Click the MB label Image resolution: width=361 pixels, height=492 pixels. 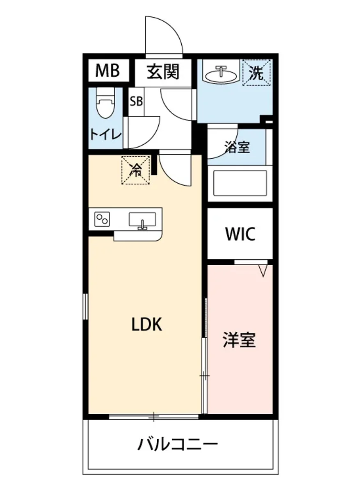point(107,71)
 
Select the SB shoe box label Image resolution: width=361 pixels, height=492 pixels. point(136,101)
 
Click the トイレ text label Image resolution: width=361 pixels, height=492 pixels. point(106,134)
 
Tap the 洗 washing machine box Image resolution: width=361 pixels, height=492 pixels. point(257,73)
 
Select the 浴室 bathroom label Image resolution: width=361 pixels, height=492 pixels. point(237,147)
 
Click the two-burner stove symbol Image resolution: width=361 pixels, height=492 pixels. point(102,219)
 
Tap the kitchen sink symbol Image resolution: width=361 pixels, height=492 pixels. point(142,220)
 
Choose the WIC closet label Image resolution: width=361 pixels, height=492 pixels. point(240,234)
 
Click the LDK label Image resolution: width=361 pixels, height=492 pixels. point(147,325)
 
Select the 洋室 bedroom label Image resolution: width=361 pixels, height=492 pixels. point(239,340)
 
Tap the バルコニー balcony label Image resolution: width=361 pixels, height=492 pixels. point(177,444)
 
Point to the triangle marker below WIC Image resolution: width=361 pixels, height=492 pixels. point(263,270)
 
